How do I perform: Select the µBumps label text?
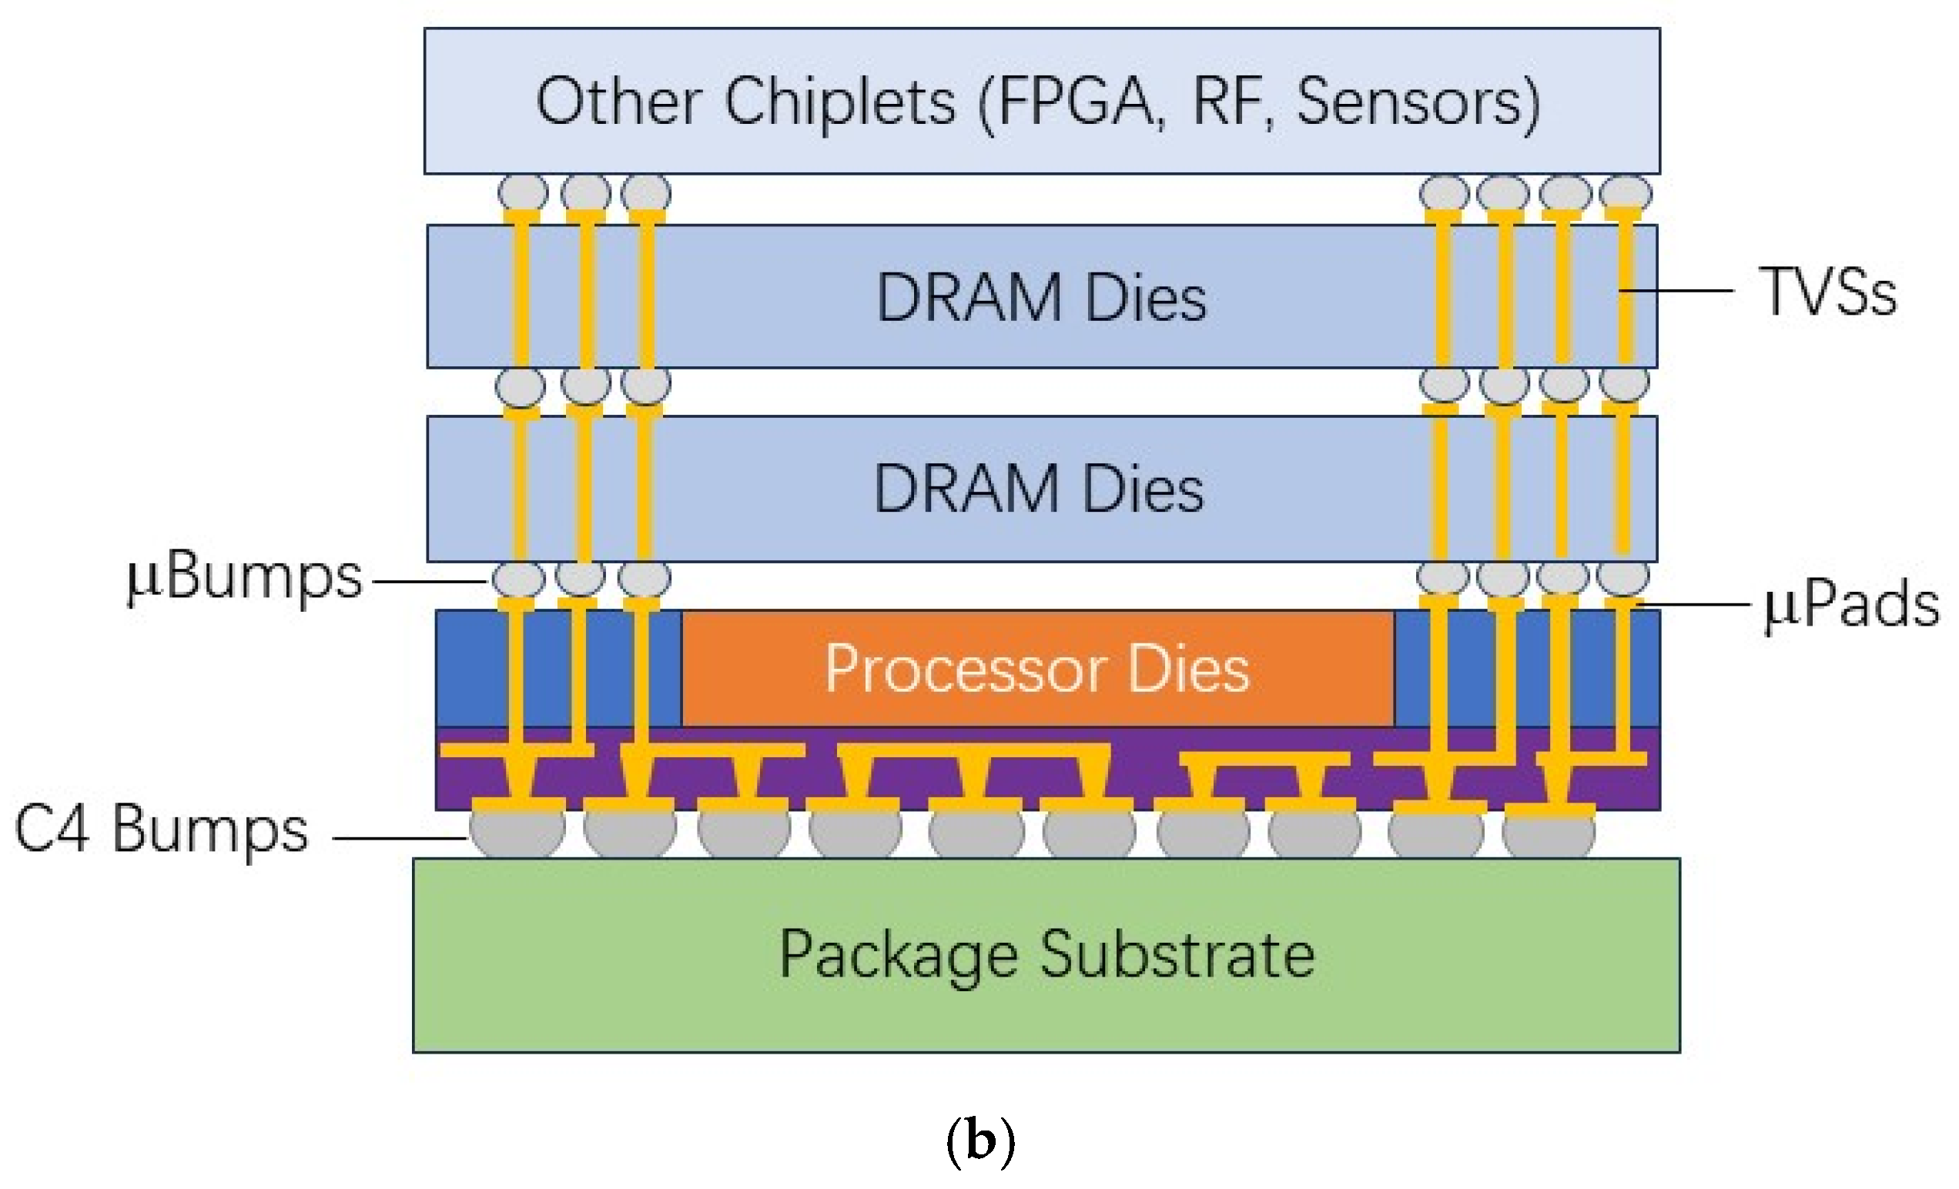[245, 578]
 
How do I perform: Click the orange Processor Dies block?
[1036, 669]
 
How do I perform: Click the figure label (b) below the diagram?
[979, 1141]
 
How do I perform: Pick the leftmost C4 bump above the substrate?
[517, 830]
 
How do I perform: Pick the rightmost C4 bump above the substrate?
[1548, 832]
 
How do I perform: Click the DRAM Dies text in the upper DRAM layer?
[1041, 297]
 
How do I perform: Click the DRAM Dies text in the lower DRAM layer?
[1038, 488]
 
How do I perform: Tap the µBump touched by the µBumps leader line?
[518, 579]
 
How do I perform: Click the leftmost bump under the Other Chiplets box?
[522, 193]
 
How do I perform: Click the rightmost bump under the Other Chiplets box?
[1625, 193]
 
